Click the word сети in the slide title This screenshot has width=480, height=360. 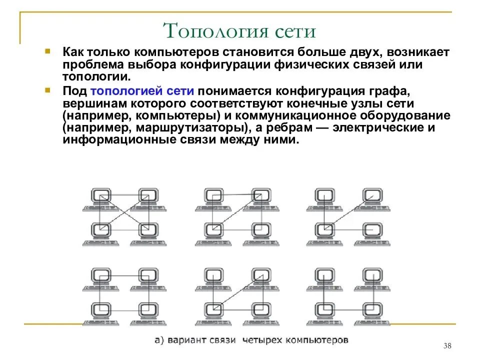pyautogui.click(x=295, y=31)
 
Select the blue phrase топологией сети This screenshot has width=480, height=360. pyautogui.click(x=142, y=91)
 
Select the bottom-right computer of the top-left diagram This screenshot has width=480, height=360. pyautogui.click(x=148, y=233)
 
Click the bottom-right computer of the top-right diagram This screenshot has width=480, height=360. pyautogui.click(x=371, y=233)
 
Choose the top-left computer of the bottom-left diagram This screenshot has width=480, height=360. pyautogui.click(x=101, y=278)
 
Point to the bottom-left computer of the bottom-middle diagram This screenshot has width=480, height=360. pyautogui.click(x=213, y=312)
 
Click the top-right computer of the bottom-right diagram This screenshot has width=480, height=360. pyautogui.click(x=371, y=278)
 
